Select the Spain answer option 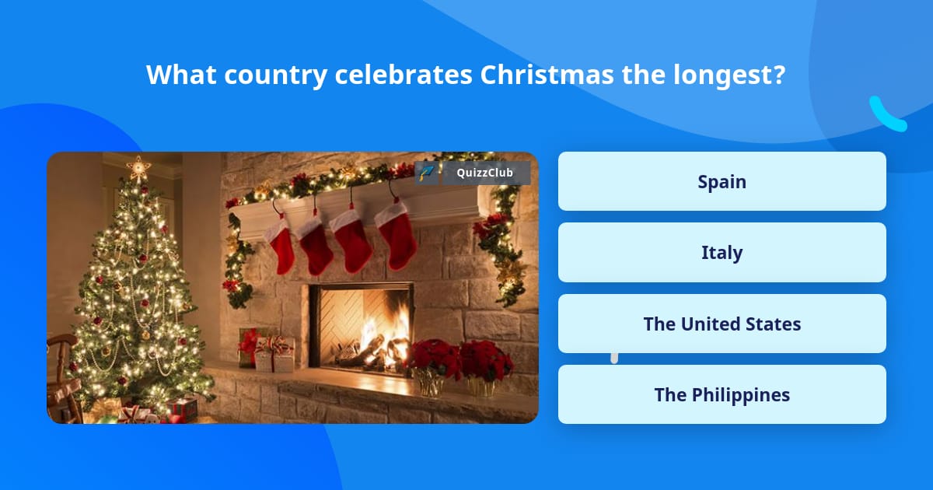(722, 181)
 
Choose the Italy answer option (722, 253)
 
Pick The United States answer (722, 324)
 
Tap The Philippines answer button (722, 394)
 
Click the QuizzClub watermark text (484, 173)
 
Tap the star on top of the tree (138, 166)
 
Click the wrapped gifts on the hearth (268, 352)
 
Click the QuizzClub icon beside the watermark (426, 173)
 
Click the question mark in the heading (777, 75)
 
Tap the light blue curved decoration (886, 115)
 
